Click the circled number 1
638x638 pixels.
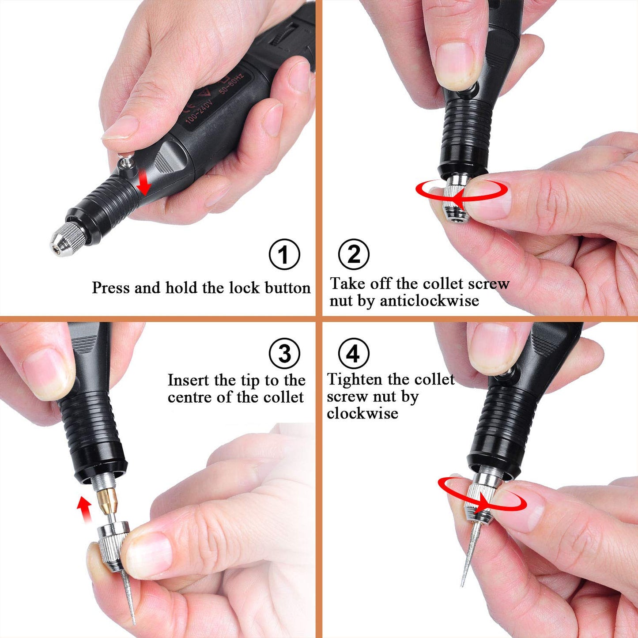click(x=284, y=254)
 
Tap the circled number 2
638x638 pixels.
click(x=354, y=254)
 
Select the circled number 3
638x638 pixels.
click(x=284, y=353)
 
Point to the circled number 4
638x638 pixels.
click(x=353, y=353)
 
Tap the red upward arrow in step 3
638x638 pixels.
click(x=83, y=508)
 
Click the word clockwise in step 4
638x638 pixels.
click(x=362, y=413)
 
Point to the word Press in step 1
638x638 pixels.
click(x=111, y=288)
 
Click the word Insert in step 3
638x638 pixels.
click(x=189, y=380)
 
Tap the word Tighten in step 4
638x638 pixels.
click(x=355, y=379)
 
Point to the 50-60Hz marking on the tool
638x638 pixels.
click(x=231, y=84)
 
